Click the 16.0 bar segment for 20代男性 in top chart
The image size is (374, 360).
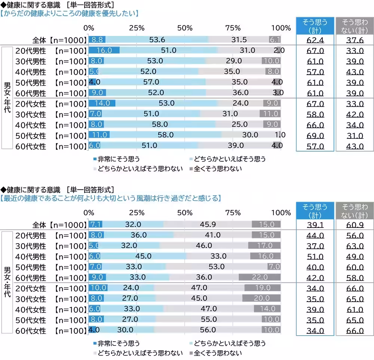tap(104, 51)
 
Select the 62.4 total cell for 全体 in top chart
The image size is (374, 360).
tap(315, 40)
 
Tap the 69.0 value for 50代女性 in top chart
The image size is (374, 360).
tap(315, 136)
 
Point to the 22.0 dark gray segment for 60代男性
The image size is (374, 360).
tap(260, 277)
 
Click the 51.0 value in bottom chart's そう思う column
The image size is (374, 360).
tap(315, 256)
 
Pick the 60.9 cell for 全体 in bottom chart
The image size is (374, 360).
tap(355, 225)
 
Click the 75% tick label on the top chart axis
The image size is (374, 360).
tap(233, 28)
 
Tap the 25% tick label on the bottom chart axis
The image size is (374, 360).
tap(137, 213)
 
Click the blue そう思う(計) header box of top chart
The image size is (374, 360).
tap(315, 26)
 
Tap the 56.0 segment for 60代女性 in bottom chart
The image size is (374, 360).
tap(208, 330)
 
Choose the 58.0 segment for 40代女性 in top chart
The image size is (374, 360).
tap(160, 125)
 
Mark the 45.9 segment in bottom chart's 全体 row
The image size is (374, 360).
tap(208, 225)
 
